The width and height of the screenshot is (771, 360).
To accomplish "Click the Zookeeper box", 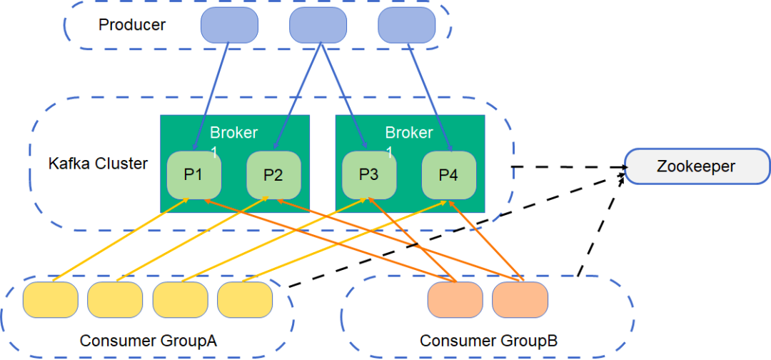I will pyautogui.click(x=697, y=167).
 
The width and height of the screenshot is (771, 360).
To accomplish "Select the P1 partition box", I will pyautogui.click(x=193, y=175).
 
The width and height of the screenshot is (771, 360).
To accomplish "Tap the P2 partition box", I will pyautogui.click(x=273, y=175).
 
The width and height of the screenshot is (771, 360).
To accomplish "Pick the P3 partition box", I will pyautogui.click(x=368, y=174).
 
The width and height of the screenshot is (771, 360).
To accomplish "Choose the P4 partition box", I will pyautogui.click(x=448, y=174).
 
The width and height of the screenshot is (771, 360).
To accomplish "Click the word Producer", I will pyautogui.click(x=132, y=25).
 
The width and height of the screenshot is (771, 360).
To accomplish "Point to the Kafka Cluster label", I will pyautogui.click(x=98, y=164).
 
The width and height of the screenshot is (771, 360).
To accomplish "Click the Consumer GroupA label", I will pyautogui.click(x=148, y=341).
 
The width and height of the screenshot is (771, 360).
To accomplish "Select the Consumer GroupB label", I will pyautogui.click(x=488, y=341).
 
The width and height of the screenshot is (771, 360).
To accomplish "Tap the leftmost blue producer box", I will pyautogui.click(x=229, y=25).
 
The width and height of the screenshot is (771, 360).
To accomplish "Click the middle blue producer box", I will pyautogui.click(x=318, y=25).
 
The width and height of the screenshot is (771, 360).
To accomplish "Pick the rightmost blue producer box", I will pyautogui.click(x=406, y=25).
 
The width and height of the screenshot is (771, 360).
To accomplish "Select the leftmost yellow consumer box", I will pyautogui.click(x=51, y=299).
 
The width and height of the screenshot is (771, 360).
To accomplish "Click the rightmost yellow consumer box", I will pyautogui.click(x=245, y=299).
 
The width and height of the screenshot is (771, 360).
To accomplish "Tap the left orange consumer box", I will pyautogui.click(x=455, y=299).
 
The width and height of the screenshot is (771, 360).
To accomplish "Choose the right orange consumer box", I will pyautogui.click(x=520, y=299).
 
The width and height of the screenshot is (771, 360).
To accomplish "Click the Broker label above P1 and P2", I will pyautogui.click(x=233, y=134).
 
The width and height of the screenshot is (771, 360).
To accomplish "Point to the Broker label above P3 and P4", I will pyautogui.click(x=409, y=134).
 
